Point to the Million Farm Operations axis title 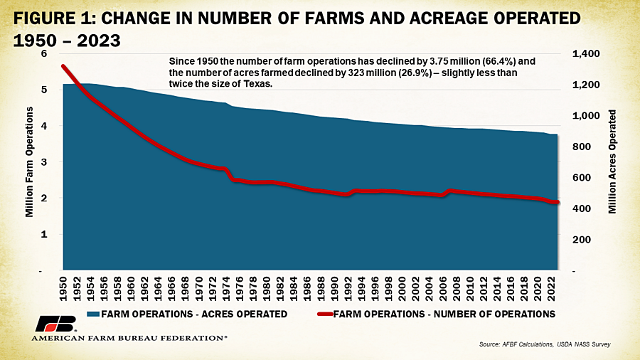click(30, 162)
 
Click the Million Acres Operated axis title click(612, 162)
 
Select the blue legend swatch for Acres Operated click(92, 314)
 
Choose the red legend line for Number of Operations click(314, 314)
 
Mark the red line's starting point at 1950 click(63, 66)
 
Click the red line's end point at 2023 click(558, 203)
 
